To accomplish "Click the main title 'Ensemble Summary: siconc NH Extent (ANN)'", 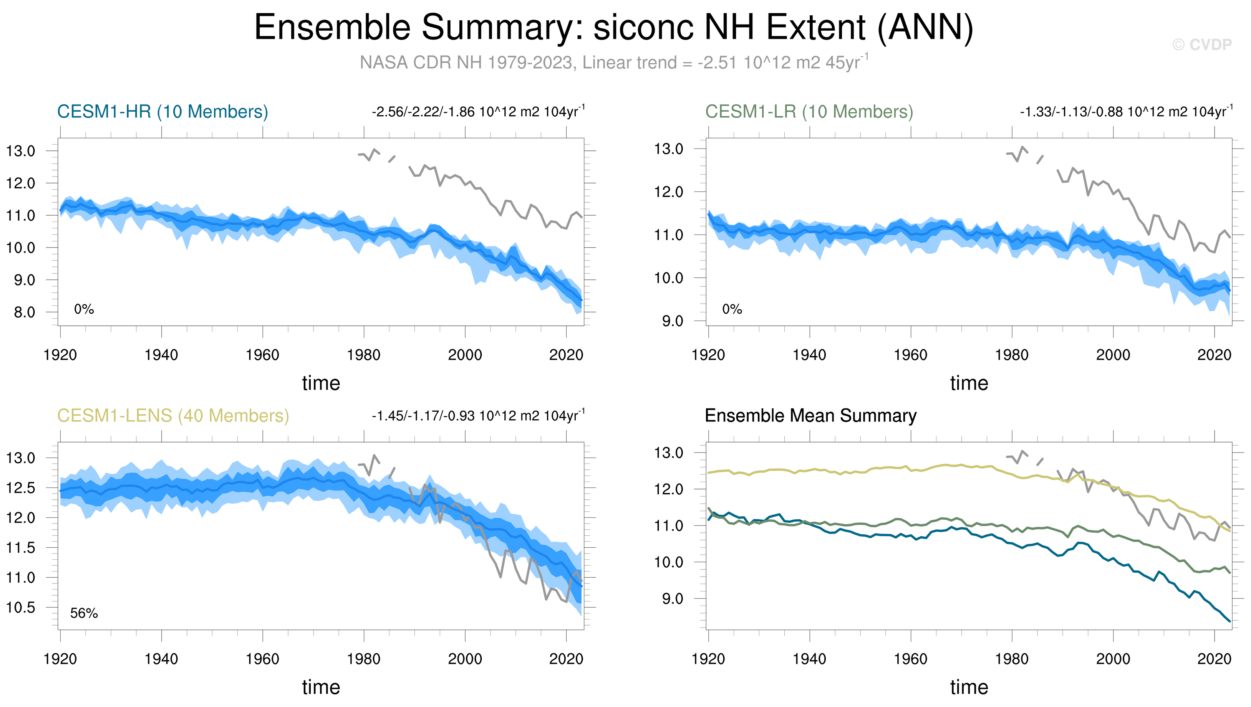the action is pyautogui.click(x=614, y=27).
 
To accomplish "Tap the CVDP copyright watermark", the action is pyautogui.click(x=1202, y=45).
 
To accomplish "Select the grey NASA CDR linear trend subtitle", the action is pyautogui.click(x=614, y=62).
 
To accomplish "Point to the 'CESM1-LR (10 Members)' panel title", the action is pyautogui.click(x=809, y=112).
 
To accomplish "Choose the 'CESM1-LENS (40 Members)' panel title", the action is pyautogui.click(x=173, y=416).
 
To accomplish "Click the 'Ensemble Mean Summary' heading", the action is pyautogui.click(x=810, y=416).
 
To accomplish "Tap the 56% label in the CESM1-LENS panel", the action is pyautogui.click(x=84, y=613).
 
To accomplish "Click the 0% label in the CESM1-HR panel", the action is pyautogui.click(x=84, y=309).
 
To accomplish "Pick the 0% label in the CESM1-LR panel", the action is pyautogui.click(x=732, y=309).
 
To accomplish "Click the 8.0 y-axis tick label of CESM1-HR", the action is pyautogui.click(x=24, y=312).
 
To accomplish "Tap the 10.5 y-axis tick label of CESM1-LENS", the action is pyautogui.click(x=20, y=608).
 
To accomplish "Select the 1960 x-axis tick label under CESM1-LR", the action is pyautogui.click(x=910, y=355).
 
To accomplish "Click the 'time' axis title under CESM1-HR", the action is pyautogui.click(x=321, y=383).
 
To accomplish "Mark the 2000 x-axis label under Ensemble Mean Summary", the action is pyautogui.click(x=1113, y=659).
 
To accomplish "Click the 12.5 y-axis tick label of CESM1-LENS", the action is pyautogui.click(x=20, y=488).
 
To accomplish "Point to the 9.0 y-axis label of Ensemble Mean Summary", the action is pyautogui.click(x=673, y=599).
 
